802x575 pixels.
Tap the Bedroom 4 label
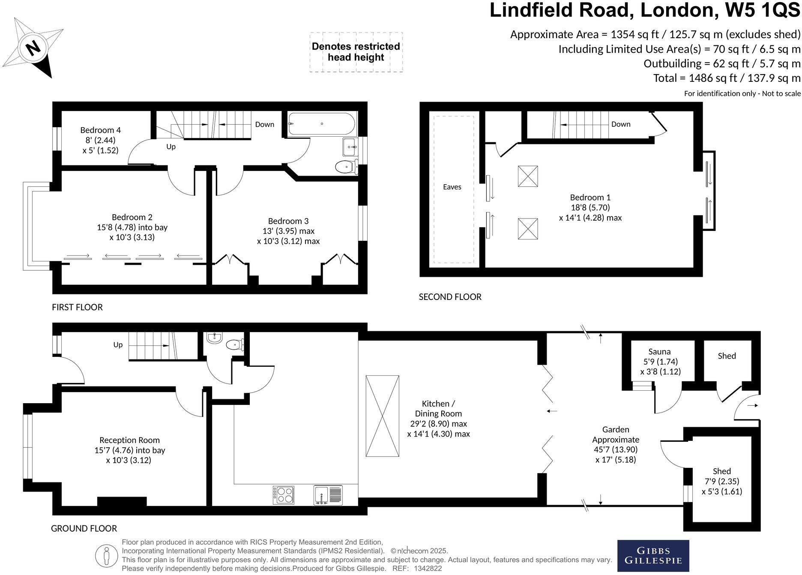(x=100, y=130)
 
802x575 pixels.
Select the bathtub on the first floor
(x=322, y=124)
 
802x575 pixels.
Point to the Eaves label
(x=452, y=187)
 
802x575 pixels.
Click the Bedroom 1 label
(x=590, y=198)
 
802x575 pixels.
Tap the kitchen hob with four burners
(x=284, y=495)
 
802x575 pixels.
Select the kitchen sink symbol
(x=328, y=495)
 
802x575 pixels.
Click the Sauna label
(x=659, y=352)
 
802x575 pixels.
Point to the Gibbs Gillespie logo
(x=653, y=555)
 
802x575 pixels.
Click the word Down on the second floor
(x=621, y=124)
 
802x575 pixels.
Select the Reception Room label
(x=129, y=440)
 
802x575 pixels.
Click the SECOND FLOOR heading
(x=450, y=297)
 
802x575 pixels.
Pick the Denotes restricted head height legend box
(x=356, y=52)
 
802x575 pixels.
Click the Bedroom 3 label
(x=288, y=221)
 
